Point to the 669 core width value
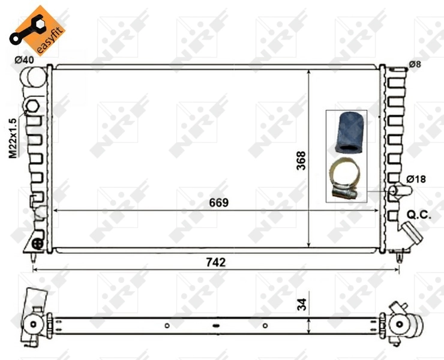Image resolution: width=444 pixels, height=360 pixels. pyautogui.click(x=218, y=203)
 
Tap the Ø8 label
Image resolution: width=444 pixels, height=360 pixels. pyautogui.click(x=415, y=64)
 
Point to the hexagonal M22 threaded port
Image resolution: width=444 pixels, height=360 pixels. pyautogui.click(x=32, y=107)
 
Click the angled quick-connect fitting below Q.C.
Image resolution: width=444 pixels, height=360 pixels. pyautogui.click(x=411, y=234)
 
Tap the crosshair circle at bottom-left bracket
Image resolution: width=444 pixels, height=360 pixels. pyautogui.click(x=37, y=243)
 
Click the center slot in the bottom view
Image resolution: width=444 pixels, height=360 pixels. pyautogui.click(x=216, y=326)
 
